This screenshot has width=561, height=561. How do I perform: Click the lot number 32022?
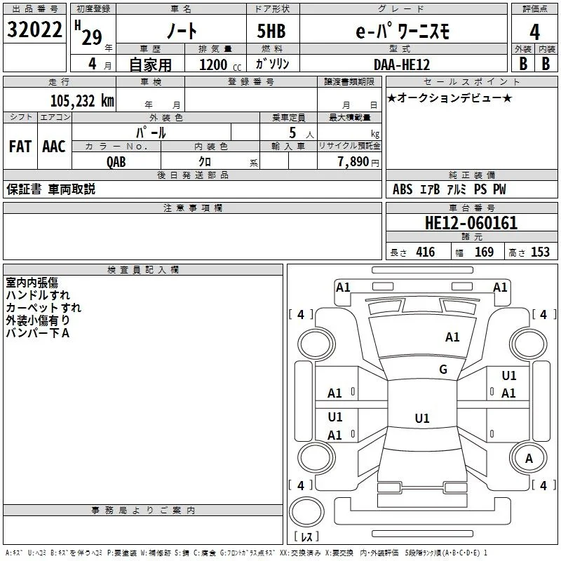(34, 29)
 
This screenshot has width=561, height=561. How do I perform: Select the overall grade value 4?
(534, 32)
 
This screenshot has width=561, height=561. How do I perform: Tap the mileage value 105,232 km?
(82, 101)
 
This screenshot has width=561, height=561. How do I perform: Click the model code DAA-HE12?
(402, 65)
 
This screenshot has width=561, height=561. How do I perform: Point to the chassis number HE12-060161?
(471, 223)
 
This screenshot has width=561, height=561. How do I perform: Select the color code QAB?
(116, 162)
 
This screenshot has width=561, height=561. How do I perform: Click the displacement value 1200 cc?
(220, 65)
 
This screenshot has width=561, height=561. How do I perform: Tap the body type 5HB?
(271, 31)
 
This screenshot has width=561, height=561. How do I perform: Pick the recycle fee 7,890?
(353, 162)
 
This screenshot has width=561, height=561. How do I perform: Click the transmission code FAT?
(20, 147)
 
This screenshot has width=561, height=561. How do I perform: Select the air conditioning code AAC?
(54, 147)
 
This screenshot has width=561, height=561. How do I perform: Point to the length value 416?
(426, 252)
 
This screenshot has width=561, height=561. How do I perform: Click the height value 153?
(540, 252)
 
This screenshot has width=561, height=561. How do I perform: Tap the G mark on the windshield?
(443, 370)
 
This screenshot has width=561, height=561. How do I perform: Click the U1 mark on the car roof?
(422, 418)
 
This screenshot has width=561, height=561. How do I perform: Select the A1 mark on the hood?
(452, 337)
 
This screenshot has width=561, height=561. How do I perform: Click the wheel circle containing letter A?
(529, 459)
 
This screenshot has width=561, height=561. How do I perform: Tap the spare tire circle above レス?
(306, 512)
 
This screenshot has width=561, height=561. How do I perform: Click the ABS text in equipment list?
(403, 189)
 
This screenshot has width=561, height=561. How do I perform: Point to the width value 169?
(484, 252)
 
